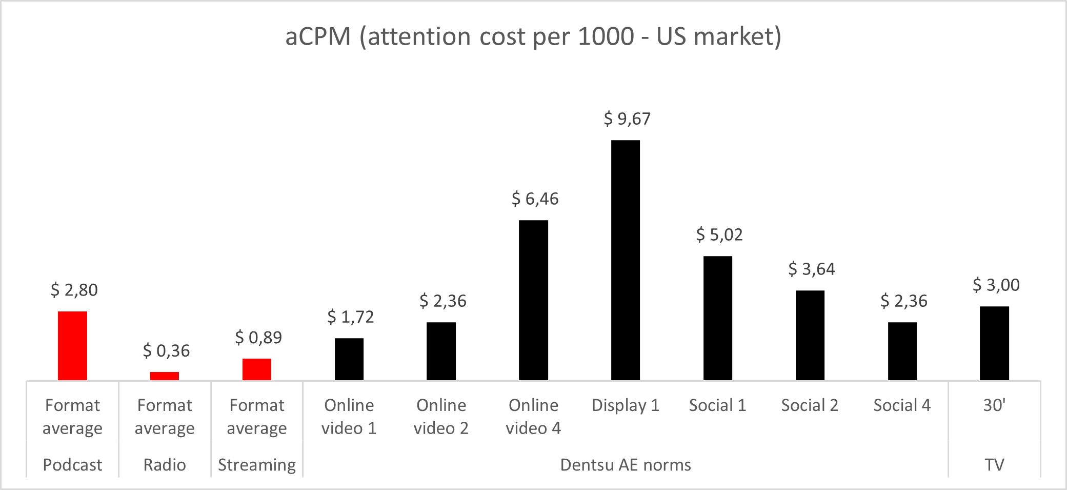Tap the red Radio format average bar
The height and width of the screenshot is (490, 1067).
coord(165,376)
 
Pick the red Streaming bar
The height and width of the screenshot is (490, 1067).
coord(257,369)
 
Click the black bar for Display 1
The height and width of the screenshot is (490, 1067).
coord(626,260)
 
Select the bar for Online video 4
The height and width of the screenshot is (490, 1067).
coord(533,300)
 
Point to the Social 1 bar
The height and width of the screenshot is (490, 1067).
coord(718,318)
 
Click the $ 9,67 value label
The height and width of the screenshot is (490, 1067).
coord(627,119)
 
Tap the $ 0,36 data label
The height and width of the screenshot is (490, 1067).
coord(166,351)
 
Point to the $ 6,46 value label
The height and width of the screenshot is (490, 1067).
coord(535,199)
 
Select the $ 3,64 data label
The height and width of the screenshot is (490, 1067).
coord(812,269)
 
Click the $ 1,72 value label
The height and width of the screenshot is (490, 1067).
coord(351,317)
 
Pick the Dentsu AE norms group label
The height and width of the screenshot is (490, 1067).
coord(626,465)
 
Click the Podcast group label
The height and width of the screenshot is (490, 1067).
coord(72,465)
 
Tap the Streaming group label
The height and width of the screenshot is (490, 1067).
coord(257,465)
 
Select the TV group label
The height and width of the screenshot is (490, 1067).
coord(994,465)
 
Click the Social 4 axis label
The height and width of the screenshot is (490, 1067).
coord(902,405)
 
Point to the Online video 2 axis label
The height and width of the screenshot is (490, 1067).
coord(441,417)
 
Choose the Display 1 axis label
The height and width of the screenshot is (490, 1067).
coord(626,405)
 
